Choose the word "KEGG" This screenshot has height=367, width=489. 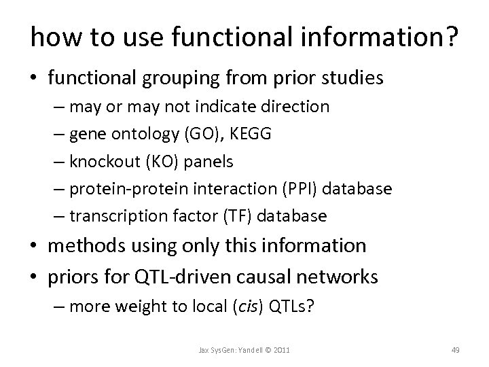tap(253, 134)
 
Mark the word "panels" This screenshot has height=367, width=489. tap(214, 161)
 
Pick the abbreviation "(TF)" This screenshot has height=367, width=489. tap(230, 216)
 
